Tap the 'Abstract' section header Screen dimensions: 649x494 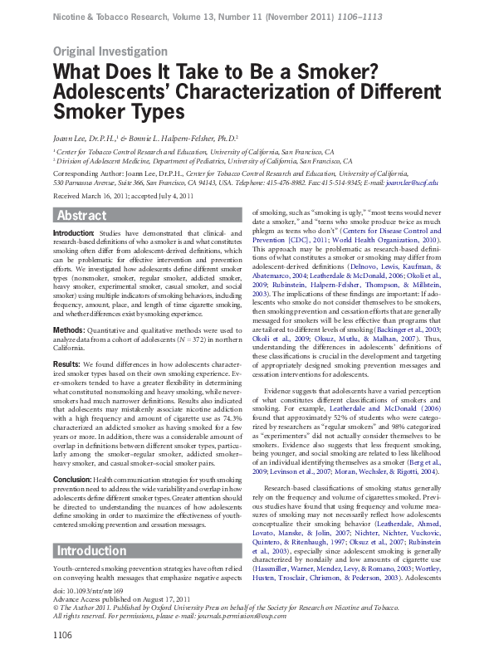[81, 216]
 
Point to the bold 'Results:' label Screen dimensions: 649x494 [67, 364]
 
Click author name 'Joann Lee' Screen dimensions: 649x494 [70, 139]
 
